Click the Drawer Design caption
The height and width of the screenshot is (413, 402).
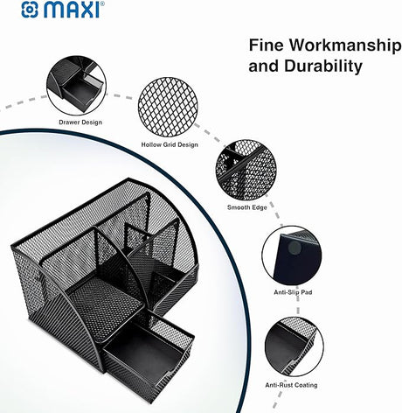pos(80,122)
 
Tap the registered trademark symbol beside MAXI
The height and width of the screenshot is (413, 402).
pos(103,4)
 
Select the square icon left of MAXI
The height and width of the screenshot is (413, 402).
pos(10,11)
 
